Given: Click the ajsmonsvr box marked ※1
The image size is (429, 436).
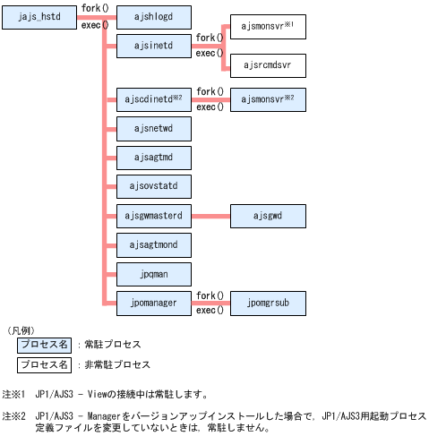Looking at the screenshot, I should (x=268, y=27).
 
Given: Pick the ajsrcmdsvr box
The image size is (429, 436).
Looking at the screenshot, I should (x=268, y=65).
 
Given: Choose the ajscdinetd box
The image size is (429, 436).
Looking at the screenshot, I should (x=155, y=98).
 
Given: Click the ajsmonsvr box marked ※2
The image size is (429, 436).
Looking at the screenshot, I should (x=268, y=98).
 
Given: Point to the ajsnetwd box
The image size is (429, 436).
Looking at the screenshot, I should (x=155, y=128).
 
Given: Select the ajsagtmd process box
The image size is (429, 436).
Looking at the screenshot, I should (x=155, y=158).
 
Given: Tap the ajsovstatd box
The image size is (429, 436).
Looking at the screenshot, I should (x=155, y=186).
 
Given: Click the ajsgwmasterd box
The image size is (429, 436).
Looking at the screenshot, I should (x=155, y=216).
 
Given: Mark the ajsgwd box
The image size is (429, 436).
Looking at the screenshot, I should (x=268, y=216).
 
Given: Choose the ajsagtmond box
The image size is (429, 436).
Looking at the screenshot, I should (x=155, y=244).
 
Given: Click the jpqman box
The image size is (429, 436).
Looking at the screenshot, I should (x=155, y=274).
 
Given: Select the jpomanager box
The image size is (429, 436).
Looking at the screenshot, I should (x=155, y=303).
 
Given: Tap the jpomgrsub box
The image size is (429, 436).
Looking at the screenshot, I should (x=268, y=303).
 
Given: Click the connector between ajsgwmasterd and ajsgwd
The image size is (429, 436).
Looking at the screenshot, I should (x=211, y=216).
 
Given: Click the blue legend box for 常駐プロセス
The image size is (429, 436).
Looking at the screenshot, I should (x=44, y=345).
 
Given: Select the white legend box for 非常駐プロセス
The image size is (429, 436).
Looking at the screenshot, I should (x=44, y=365).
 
